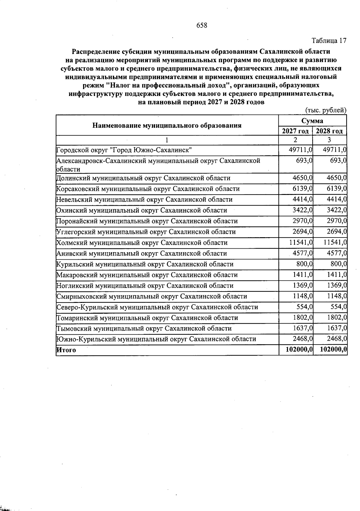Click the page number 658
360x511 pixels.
(202, 25)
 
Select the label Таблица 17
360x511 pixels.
(329, 40)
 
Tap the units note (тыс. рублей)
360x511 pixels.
(326, 110)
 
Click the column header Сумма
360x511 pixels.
(312, 121)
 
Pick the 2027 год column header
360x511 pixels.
(295, 131)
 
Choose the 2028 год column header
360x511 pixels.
(329, 131)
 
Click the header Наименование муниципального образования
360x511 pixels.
(167, 125)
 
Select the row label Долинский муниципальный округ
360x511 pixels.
(143, 178)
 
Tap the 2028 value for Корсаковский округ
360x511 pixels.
(337, 189)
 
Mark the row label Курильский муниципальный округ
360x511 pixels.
(145, 264)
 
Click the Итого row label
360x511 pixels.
(66, 350)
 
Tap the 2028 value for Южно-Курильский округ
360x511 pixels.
(337, 339)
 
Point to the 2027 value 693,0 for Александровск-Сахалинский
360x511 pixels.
(304, 161)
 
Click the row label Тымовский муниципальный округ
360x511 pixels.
(144, 328)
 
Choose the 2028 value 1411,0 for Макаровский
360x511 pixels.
(337, 275)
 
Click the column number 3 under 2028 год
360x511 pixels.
(329, 140)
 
